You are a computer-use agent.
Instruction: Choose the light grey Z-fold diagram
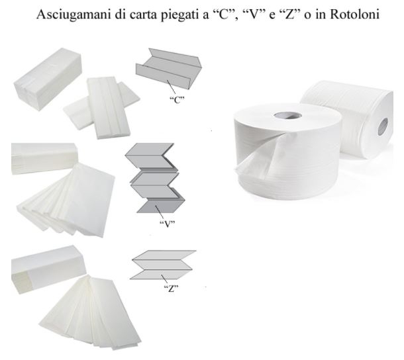[163, 265]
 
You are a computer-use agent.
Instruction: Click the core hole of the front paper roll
[287, 115]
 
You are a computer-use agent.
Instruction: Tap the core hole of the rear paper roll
[382, 125]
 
